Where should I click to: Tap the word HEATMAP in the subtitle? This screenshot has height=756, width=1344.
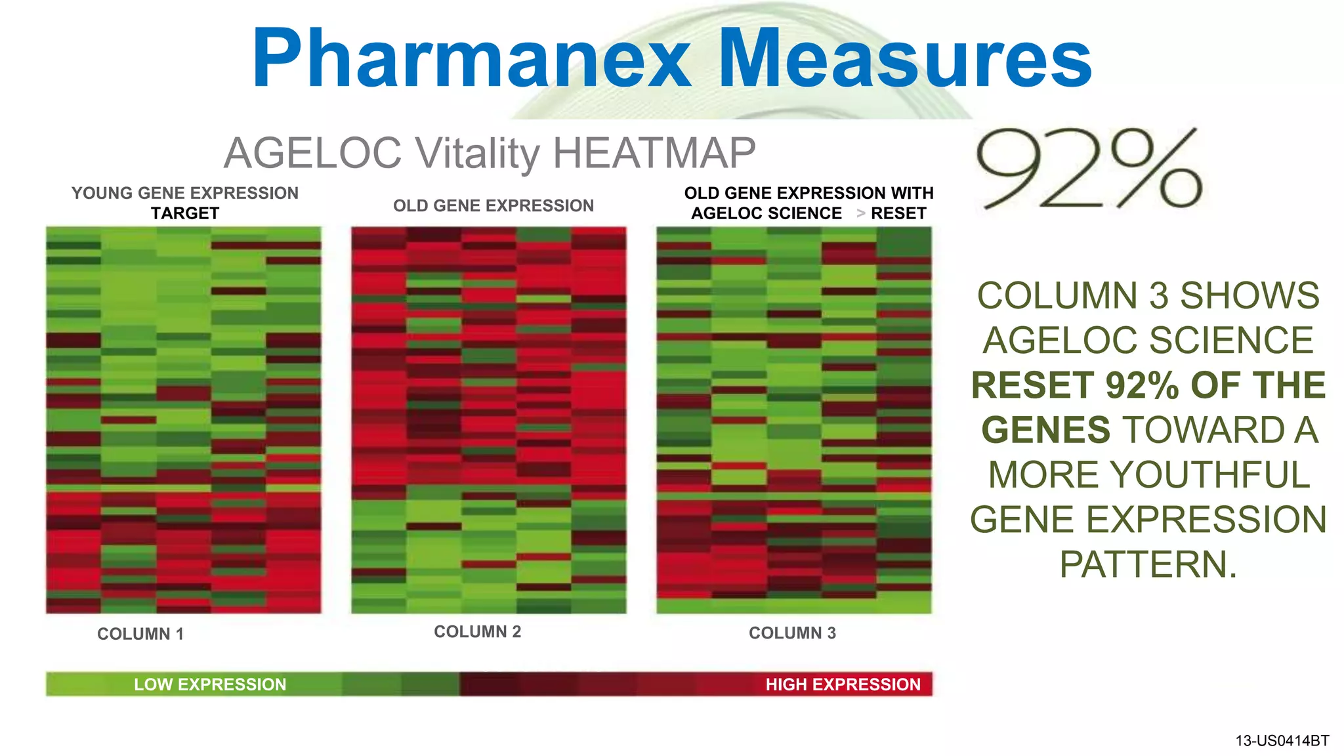tap(654, 153)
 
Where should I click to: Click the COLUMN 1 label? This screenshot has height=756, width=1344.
tap(140, 634)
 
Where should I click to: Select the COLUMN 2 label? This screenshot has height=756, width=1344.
tap(477, 632)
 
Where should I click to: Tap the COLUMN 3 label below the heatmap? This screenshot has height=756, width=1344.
tap(792, 633)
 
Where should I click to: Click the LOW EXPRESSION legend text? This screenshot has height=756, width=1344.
tap(210, 684)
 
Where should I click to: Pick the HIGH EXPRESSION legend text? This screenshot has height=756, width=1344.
tap(843, 684)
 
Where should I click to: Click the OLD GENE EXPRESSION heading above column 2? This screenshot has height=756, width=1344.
tap(493, 206)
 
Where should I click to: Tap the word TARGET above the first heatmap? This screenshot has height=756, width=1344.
tap(185, 213)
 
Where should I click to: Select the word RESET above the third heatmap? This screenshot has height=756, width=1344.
tap(898, 213)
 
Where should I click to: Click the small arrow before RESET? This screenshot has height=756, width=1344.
tap(860, 213)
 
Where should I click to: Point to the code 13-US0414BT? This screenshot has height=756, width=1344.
tap(1282, 741)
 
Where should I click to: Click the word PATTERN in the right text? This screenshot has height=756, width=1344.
tap(1148, 564)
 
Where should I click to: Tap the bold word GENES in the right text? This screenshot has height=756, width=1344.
tap(1046, 430)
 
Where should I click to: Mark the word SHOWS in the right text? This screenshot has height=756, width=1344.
tap(1249, 295)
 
